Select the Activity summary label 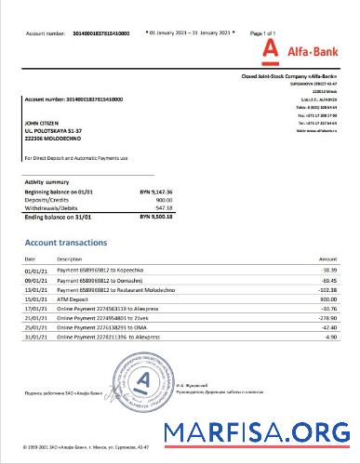47,182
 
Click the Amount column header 327,258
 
